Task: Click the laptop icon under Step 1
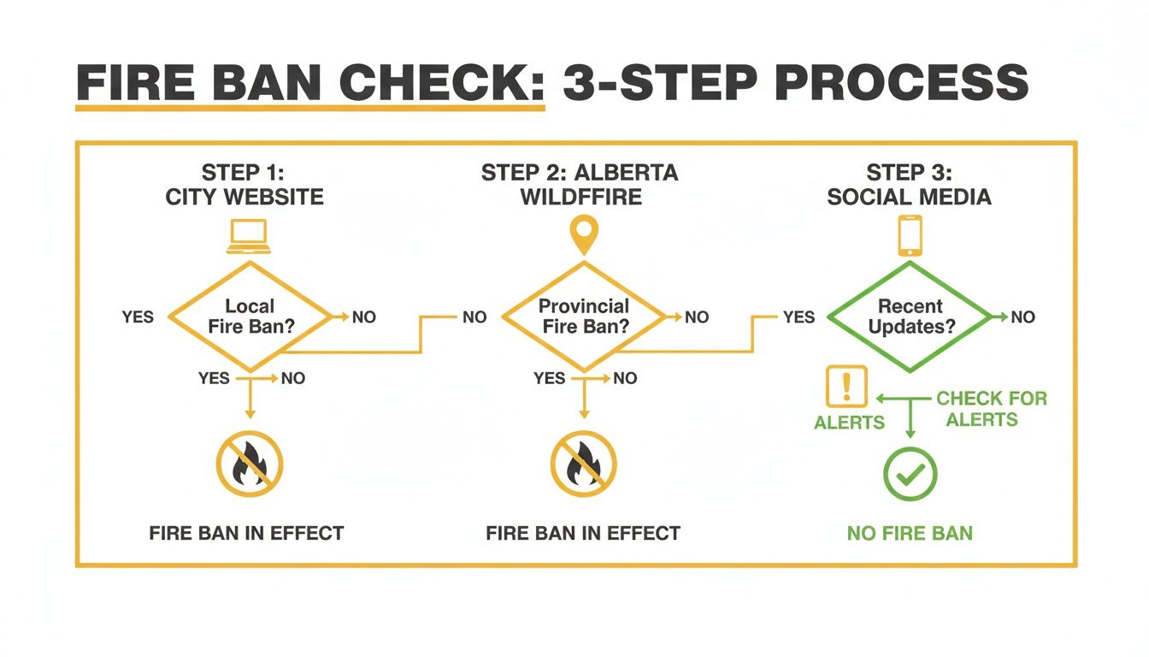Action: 248,237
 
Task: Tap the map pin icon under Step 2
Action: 584,234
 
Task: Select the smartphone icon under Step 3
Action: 910,235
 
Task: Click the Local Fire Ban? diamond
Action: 250,317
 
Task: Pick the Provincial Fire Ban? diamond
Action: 583,317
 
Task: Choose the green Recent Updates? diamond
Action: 910,317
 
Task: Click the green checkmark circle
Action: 910,473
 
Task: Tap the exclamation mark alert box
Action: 846,387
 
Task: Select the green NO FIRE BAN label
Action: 910,534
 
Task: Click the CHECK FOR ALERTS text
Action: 992,409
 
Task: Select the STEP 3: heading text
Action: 909,172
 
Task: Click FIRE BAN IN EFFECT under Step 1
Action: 246,534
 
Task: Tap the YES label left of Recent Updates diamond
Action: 798,317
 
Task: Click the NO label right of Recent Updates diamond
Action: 1022,317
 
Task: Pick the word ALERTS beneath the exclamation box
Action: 849,423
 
